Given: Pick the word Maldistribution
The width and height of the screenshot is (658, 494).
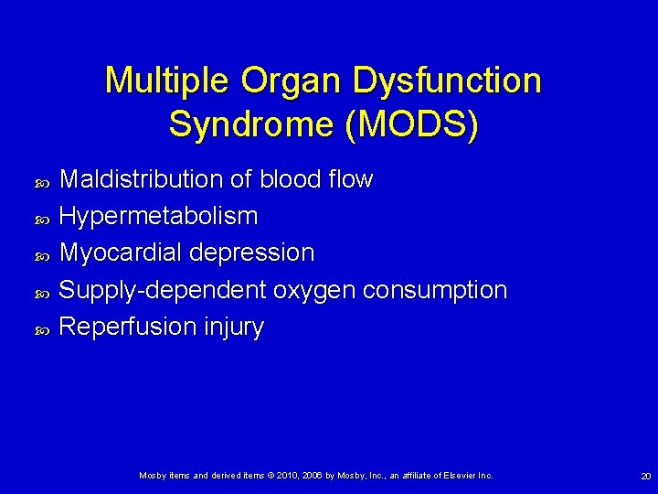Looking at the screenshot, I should point(143,179).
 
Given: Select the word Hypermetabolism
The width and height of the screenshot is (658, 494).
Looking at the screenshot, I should point(158,217).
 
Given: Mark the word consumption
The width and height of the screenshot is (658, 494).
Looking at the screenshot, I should point(434,290).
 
